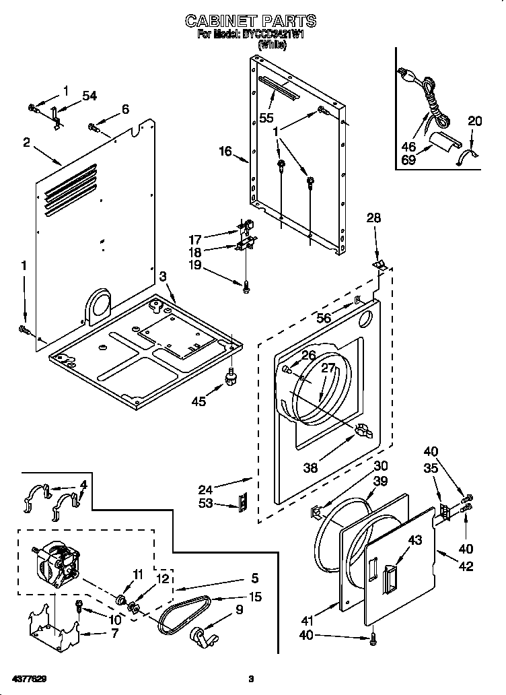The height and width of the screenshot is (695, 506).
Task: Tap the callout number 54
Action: tap(89, 96)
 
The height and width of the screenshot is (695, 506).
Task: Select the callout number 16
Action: tap(225, 152)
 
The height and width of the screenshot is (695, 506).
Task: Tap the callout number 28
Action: tap(373, 218)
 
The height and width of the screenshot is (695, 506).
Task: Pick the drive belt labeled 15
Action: tap(184, 615)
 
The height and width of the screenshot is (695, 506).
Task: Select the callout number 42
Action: tap(465, 566)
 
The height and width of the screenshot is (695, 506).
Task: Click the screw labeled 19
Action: tap(247, 286)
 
